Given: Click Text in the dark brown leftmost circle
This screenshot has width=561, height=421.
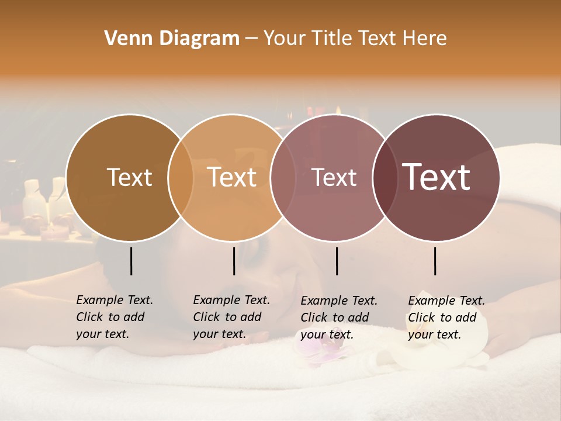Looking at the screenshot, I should pyautogui.click(x=129, y=177).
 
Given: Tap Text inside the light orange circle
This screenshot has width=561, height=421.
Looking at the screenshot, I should pyautogui.click(x=232, y=177).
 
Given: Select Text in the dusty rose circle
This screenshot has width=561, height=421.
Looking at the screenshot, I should pyautogui.click(x=334, y=178).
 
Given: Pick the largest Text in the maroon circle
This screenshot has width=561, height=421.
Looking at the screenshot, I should pyautogui.click(x=437, y=177).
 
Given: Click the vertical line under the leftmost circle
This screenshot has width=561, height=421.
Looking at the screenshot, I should pyautogui.click(x=131, y=261).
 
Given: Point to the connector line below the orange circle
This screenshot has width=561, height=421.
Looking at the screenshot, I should pyautogui.click(x=234, y=261).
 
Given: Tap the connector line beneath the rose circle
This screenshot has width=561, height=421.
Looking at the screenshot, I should pyautogui.click(x=337, y=261).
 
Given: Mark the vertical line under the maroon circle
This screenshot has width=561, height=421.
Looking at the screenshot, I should pyautogui.click(x=435, y=261).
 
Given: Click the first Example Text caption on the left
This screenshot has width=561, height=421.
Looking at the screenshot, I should pyautogui.click(x=115, y=317).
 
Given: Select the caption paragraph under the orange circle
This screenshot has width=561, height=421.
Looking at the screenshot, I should pyautogui.click(x=231, y=317).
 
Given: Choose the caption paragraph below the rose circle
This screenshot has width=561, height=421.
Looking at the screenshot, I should pyautogui.click(x=339, y=318).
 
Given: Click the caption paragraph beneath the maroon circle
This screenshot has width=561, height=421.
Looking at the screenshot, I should pyautogui.click(x=446, y=318).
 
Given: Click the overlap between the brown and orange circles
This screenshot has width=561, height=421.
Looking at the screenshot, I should pyautogui.click(x=181, y=178).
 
